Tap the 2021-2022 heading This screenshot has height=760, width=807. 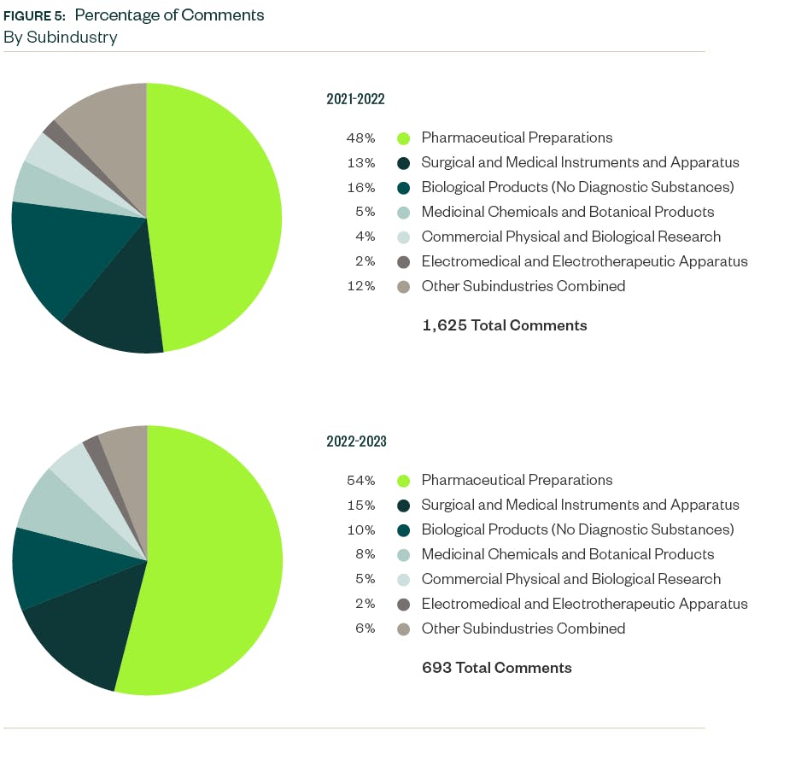click(x=355, y=99)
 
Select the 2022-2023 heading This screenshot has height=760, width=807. click(x=356, y=441)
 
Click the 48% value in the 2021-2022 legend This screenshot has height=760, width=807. click(x=360, y=137)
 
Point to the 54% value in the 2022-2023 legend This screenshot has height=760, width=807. click(x=360, y=480)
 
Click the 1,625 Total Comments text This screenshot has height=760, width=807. click(x=504, y=325)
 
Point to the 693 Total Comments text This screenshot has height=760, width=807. click(x=496, y=668)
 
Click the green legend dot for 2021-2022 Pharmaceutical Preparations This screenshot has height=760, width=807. click(x=404, y=138)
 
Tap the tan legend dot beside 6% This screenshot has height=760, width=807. click(x=404, y=629)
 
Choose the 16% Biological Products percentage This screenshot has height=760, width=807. click(x=360, y=187)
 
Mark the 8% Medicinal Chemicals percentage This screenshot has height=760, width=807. click(x=365, y=554)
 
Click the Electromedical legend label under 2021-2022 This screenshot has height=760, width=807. click(x=584, y=261)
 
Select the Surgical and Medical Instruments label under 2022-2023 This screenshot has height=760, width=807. click(x=580, y=505)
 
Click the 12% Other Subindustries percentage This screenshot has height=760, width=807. click(x=360, y=286)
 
